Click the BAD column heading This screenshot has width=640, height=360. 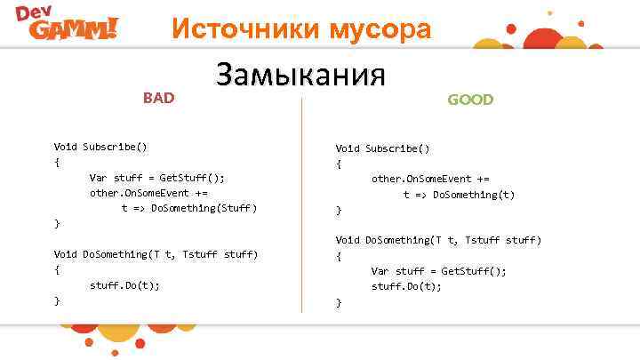pos(159,97)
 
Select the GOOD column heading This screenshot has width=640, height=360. pos(470,100)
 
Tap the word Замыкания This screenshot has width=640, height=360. pos(300,75)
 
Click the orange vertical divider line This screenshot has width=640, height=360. pos(302,204)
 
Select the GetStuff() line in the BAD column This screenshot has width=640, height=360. pos(157,177)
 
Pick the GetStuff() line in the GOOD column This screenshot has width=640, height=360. pos(439,271)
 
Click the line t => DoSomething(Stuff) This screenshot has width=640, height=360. pos(189,208)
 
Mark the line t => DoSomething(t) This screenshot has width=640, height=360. pos(459,195)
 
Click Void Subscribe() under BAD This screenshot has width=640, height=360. pos(100,147)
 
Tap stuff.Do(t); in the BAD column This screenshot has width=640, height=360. pos(125,285)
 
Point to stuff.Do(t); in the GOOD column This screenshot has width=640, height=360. pos(406,286)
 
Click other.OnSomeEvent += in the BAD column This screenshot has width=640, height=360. pos(148,193)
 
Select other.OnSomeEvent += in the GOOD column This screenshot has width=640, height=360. pos(430,179)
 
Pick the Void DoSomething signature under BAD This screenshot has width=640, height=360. pos(156,254)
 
